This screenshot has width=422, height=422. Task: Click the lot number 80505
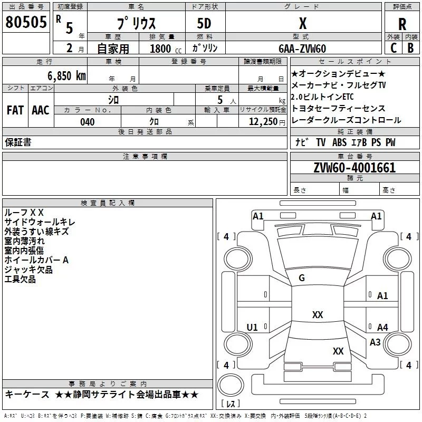coord(26,22)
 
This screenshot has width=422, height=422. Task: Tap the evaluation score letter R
coord(402,24)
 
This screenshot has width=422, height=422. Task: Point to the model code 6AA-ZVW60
coord(302,49)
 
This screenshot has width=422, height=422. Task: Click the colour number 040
coord(87,122)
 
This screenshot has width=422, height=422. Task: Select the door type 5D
coord(204,24)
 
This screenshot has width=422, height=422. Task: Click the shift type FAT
coord(15,110)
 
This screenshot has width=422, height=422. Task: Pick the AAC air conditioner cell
coord(40,110)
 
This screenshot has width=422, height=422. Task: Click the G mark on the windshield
coord(302,278)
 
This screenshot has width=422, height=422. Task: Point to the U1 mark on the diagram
coord(252,328)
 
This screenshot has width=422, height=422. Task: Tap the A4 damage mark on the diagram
coord(382,328)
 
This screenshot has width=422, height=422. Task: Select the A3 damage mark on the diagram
coord(375,342)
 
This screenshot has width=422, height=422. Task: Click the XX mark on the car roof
coord(317,314)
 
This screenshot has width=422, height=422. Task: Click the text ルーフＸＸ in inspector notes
coord(24,212)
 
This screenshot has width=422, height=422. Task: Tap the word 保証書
coord(17,142)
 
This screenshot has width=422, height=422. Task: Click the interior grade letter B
coord(410,48)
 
